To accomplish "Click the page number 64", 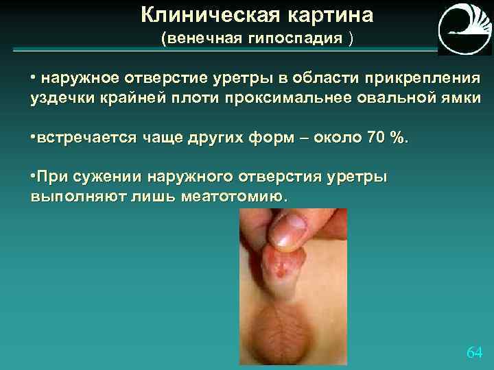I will tap(474, 352).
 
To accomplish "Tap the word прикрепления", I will tap(423, 77).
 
